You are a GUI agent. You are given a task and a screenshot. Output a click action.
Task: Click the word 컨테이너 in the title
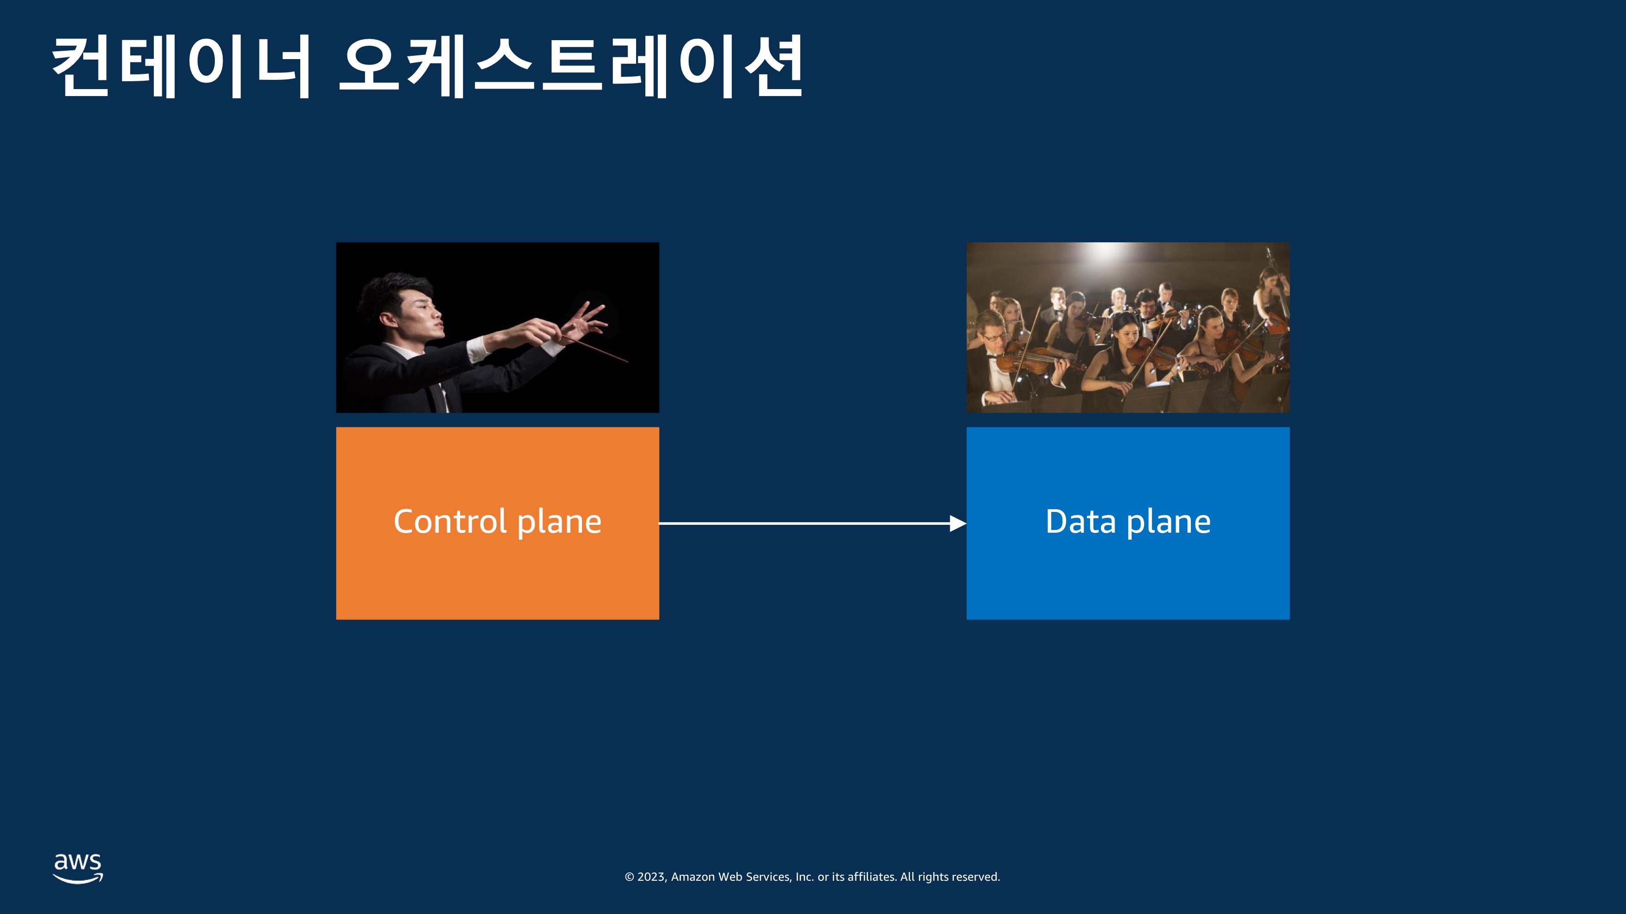pyautogui.click(x=181, y=66)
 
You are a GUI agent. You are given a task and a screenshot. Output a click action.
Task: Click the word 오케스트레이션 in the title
pyautogui.click(x=570, y=66)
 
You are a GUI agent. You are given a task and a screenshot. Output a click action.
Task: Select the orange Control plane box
pyautogui.click(x=498, y=523)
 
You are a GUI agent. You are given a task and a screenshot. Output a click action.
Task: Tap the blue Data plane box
pyautogui.click(x=1128, y=523)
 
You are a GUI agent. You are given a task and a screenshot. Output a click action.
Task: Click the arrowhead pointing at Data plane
pyautogui.click(x=958, y=523)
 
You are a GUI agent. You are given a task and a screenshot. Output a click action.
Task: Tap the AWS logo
pyautogui.click(x=78, y=868)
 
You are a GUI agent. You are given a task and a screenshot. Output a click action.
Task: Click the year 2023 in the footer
pyautogui.click(x=651, y=877)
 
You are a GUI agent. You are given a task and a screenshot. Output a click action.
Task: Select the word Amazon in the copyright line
pyautogui.click(x=693, y=877)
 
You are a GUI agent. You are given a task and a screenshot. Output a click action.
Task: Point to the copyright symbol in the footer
pyautogui.click(x=629, y=877)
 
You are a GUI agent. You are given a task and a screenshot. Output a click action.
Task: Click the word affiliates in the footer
pyautogui.click(x=871, y=877)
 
